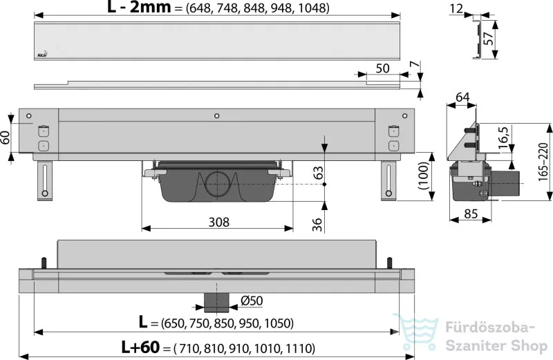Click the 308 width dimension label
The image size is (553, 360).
(218, 222)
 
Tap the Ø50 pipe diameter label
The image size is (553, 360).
(252, 301)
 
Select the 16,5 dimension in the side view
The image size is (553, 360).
(504, 138)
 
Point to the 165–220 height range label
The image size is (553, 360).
(543, 162)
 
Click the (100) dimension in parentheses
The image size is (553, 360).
(423, 176)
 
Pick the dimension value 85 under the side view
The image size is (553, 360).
(471, 214)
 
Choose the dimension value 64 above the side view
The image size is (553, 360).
(462, 97)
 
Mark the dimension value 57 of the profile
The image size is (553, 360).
(488, 39)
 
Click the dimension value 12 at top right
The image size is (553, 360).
(456, 8)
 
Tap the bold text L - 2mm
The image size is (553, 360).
(139, 7)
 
